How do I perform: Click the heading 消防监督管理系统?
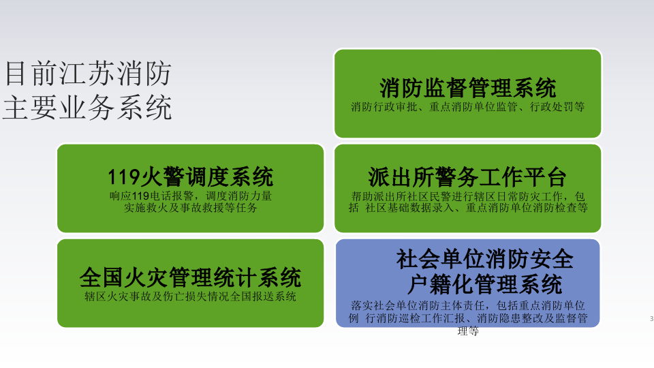pyautogui.click(x=468, y=88)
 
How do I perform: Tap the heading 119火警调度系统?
pyautogui.click(x=190, y=177)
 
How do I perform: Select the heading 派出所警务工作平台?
pyautogui.click(x=467, y=177)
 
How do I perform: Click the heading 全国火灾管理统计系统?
pyautogui.click(x=190, y=278)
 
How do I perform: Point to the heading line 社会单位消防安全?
pyautogui.click(x=485, y=260)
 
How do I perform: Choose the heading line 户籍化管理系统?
pyautogui.click(x=484, y=283)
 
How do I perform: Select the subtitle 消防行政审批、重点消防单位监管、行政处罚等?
pyautogui.click(x=468, y=107)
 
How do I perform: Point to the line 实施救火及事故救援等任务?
pyautogui.click(x=191, y=209)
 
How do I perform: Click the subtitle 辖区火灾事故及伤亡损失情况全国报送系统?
pyautogui.click(x=190, y=296)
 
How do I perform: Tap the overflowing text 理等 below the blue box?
pyautogui.click(x=468, y=331)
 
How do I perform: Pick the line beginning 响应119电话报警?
pyautogui.click(x=191, y=196)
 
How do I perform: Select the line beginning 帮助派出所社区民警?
pyautogui.click(x=468, y=196)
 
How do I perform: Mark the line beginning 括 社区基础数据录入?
pyautogui.click(x=468, y=209)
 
